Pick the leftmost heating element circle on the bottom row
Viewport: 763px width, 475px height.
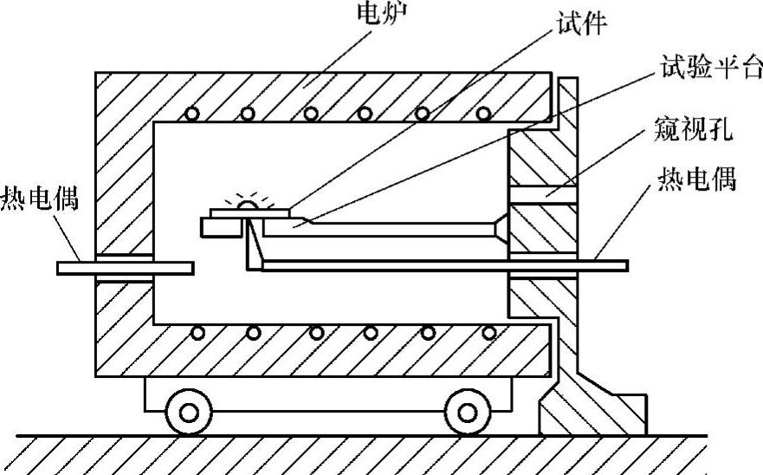pyautogui.click(x=197, y=333)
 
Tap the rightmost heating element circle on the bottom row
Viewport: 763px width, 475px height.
pyautogui.click(x=490, y=333)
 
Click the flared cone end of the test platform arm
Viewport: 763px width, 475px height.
pyautogui.click(x=499, y=228)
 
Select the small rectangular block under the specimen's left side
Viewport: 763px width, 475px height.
pyautogui.click(x=220, y=226)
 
